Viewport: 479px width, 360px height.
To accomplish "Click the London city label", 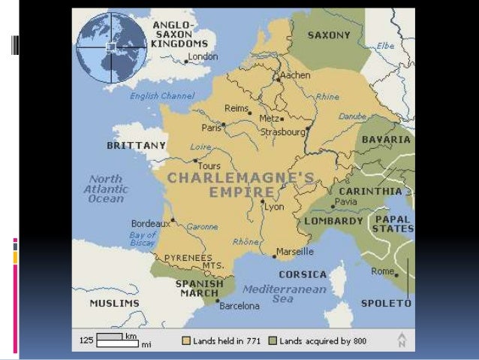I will tap(203, 56).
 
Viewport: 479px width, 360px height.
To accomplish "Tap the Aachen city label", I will tap(296, 76).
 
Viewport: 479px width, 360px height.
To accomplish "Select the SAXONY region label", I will tap(328, 35).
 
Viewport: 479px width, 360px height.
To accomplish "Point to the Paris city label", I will tap(211, 128).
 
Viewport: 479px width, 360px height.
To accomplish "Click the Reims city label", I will tap(236, 109).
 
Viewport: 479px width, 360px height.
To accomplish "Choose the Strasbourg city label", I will tap(282, 132).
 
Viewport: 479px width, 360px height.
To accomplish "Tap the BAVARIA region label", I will tap(386, 140).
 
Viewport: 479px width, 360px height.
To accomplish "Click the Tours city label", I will tap(208, 165).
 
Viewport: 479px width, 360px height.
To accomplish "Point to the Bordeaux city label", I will tap(149, 223).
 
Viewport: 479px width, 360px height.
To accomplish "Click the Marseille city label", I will tap(295, 251).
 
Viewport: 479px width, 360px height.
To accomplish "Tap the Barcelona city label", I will tap(239, 306).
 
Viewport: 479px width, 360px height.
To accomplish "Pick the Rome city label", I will tap(382, 271).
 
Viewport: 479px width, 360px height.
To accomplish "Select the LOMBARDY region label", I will tap(334, 221).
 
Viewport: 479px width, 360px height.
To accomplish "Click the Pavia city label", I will tap(346, 202).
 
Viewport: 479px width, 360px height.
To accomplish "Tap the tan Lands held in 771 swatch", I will tap(186, 340).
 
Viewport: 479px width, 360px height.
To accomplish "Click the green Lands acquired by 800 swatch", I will tap(273, 340).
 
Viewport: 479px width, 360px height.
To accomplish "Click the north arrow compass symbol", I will tap(402, 340).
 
